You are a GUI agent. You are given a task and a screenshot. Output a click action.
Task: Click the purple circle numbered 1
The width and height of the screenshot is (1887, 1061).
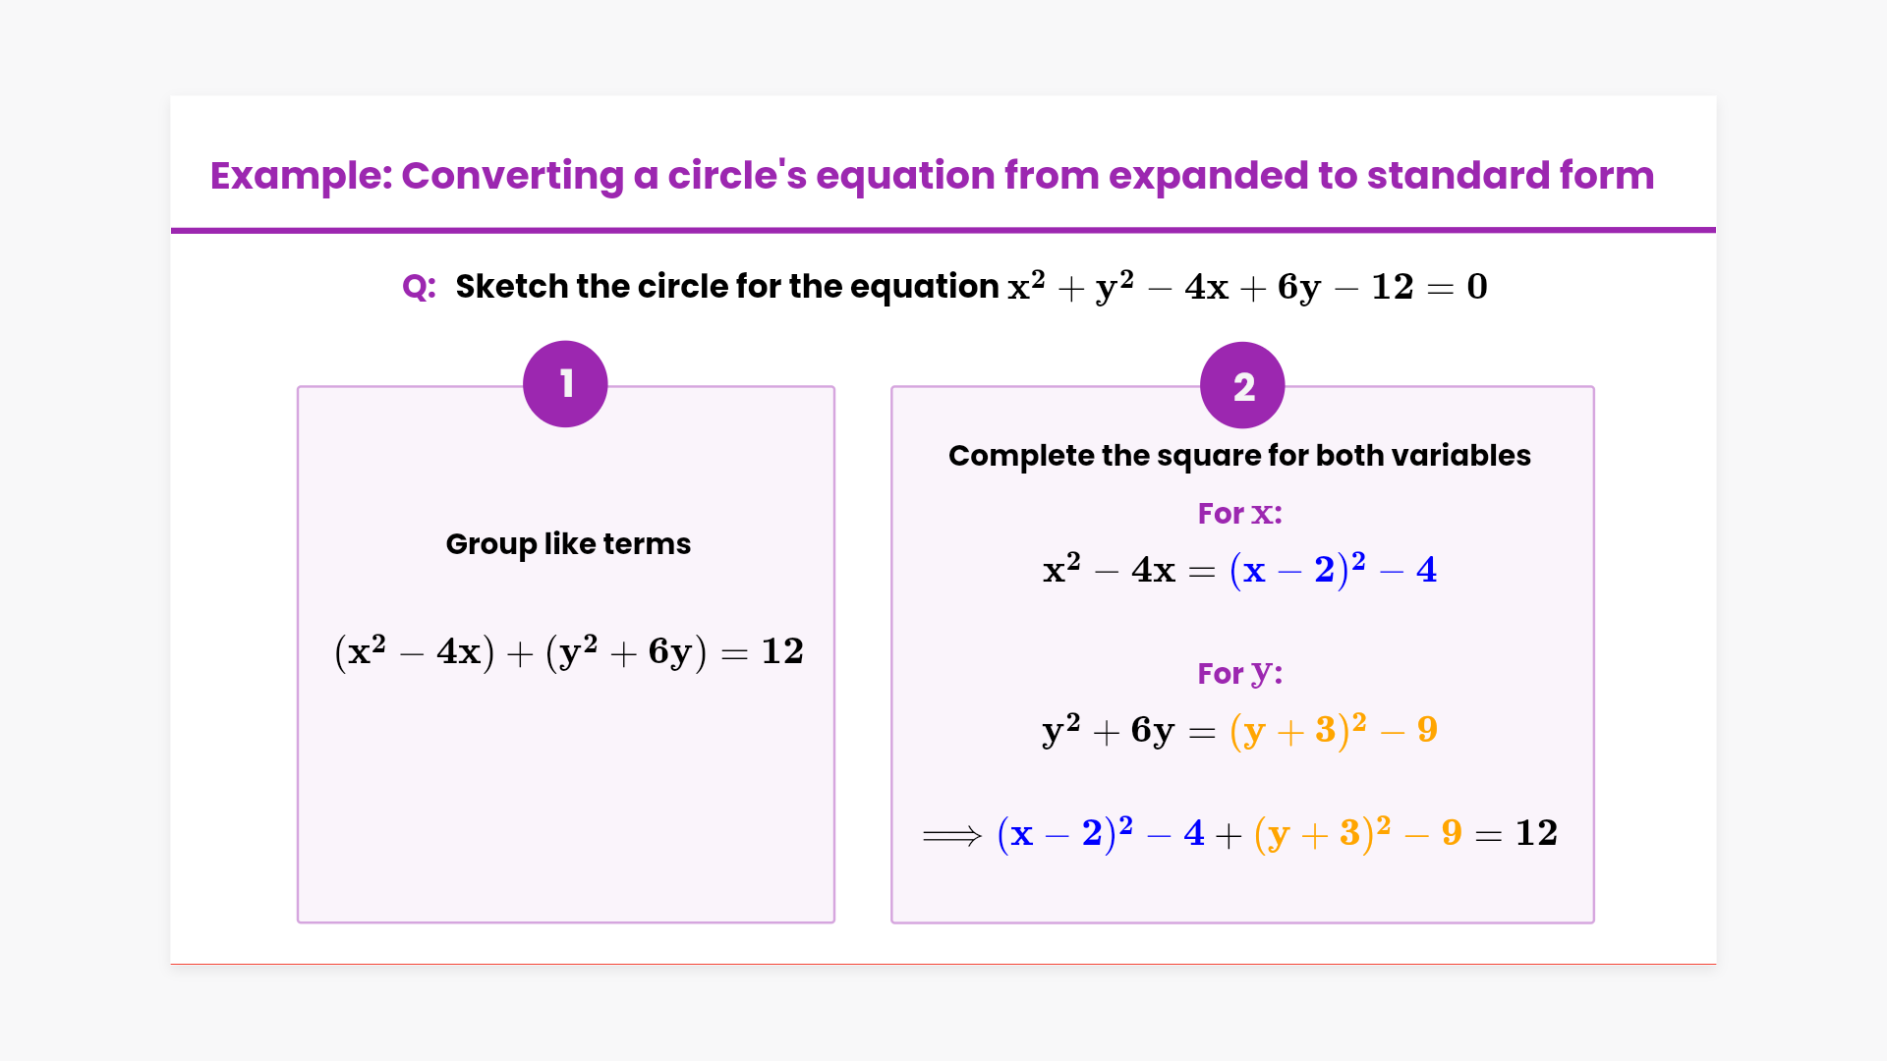[565, 384]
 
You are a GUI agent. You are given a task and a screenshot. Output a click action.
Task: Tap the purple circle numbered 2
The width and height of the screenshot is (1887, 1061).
[1242, 385]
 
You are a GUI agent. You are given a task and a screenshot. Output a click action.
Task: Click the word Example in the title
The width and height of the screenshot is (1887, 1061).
[301, 177]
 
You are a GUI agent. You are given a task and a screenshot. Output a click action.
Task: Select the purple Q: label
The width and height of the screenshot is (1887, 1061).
[420, 287]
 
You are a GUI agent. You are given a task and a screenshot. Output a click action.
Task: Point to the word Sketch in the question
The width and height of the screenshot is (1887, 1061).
[511, 286]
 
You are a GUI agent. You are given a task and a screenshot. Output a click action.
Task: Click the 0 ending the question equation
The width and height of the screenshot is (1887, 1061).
[1477, 287]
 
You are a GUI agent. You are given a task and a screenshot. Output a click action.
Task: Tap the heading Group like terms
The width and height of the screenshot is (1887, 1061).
[568, 544]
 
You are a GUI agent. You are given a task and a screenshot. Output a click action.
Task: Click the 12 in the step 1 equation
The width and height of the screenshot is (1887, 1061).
[782, 651]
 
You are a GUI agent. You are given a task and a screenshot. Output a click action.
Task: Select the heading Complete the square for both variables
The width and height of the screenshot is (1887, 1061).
[1239, 456]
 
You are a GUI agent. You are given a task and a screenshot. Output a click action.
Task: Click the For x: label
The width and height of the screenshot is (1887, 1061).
[1239, 513]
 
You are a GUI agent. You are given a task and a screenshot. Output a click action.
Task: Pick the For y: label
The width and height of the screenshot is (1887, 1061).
[1239, 673]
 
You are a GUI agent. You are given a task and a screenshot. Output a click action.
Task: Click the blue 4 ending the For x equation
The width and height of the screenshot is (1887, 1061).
[1426, 570]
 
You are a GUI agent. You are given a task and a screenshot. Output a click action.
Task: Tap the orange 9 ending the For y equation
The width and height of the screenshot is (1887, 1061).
[1427, 730]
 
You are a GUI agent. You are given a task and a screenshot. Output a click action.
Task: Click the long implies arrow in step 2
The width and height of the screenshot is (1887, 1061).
[952, 836]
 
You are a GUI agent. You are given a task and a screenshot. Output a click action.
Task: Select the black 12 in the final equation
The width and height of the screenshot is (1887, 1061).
[1536, 833]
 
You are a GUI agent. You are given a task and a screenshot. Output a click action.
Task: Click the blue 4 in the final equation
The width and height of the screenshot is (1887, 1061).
[1194, 833]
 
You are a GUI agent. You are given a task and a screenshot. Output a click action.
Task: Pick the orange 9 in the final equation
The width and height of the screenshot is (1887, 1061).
[1452, 833]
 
